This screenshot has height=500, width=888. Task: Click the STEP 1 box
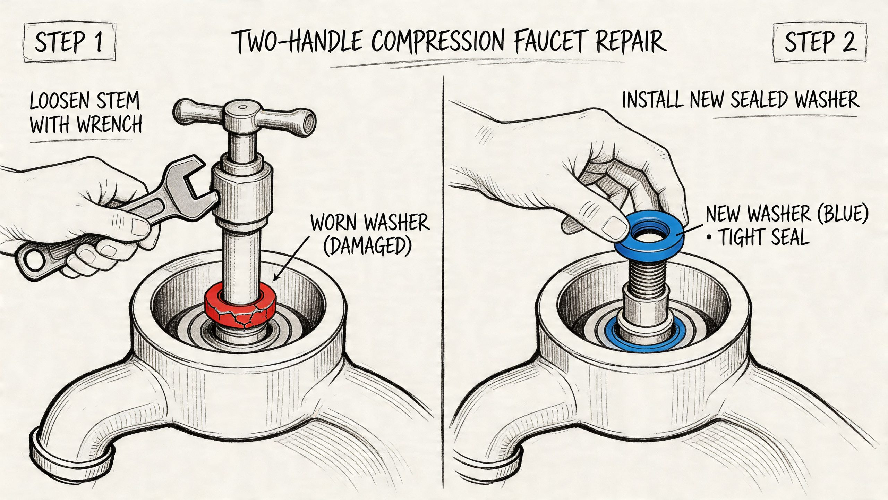[x=69, y=43]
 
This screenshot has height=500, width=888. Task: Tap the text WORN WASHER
[x=370, y=223]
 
